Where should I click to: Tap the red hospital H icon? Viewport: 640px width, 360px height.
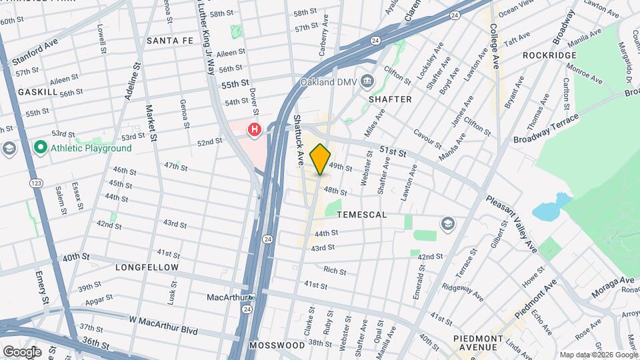[254, 130]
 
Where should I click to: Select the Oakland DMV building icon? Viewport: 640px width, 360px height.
[367, 81]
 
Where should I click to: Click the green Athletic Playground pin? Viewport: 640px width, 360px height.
[40, 148]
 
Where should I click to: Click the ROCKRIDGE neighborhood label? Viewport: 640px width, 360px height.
[549, 55]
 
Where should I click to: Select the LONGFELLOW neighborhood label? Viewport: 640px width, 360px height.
[147, 267]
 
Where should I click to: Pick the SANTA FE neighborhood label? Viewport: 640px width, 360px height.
[169, 41]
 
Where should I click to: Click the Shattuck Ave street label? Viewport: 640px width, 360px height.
[300, 140]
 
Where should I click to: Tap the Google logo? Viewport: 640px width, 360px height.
[22, 351]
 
